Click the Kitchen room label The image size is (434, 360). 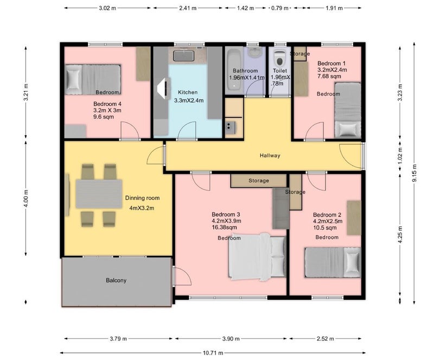click(x=188, y=92)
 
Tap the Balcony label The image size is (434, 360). click(x=116, y=280)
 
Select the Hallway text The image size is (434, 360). click(x=270, y=155)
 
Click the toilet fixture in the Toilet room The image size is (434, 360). click(x=279, y=58)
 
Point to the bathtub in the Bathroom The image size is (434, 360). click(x=234, y=71)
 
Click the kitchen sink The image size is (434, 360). click(x=183, y=55)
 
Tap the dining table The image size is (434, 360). click(x=99, y=194)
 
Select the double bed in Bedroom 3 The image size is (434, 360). click(x=257, y=256)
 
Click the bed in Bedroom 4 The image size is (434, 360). click(x=93, y=79)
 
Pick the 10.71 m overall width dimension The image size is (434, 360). click(x=213, y=353)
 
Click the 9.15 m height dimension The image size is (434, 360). click(x=414, y=173)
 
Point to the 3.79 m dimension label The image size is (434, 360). click(x=118, y=338)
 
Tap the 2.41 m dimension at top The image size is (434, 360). click(x=188, y=8)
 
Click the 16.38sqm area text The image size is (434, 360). click(x=224, y=228)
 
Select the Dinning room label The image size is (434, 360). click(x=142, y=198)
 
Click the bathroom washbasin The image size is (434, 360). click(x=253, y=52)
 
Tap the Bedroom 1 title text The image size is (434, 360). click(x=331, y=63)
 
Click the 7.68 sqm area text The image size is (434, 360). click(x=329, y=76)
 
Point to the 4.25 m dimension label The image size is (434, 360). click(x=400, y=235)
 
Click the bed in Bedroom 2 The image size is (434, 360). click(x=333, y=262)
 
